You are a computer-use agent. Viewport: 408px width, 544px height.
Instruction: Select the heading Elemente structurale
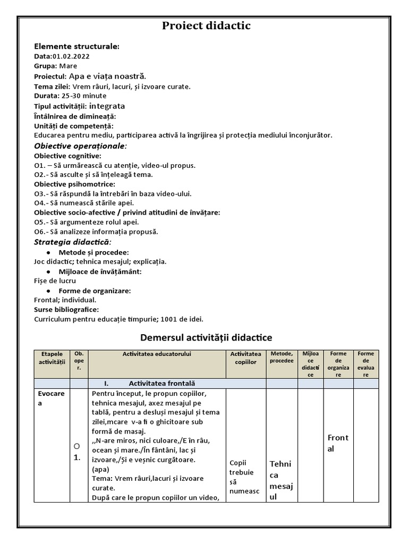(76, 46)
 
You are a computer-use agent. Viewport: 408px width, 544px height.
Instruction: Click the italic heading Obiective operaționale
(80, 146)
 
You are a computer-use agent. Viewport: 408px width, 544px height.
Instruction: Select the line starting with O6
(96, 232)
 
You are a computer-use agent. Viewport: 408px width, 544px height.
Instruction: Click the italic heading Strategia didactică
(73, 242)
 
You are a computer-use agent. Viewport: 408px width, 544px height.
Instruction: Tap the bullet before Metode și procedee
(49, 252)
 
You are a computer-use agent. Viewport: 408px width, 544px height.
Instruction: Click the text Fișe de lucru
(55, 280)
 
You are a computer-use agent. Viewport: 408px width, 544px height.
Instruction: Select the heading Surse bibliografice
(66, 310)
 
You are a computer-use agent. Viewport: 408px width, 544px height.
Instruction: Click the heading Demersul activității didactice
(206, 337)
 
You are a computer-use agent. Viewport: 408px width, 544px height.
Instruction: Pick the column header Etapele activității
(52, 358)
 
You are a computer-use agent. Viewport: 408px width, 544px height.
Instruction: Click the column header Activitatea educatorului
(157, 354)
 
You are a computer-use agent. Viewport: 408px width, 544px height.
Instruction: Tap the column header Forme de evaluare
(366, 364)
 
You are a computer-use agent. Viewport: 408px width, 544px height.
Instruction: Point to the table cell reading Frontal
(338, 443)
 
